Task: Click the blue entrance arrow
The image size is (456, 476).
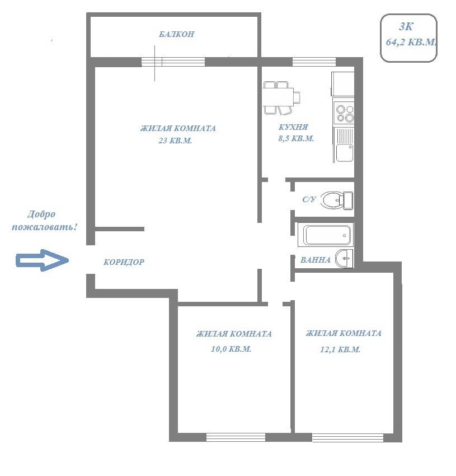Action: point(42,260)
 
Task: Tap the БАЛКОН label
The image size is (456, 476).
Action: point(177,34)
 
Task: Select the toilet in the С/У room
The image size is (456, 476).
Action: point(337,200)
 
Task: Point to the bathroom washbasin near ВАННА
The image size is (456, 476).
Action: point(344,259)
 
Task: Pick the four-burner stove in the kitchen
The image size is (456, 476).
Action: point(344,113)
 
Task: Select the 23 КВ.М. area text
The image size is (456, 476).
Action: point(175,141)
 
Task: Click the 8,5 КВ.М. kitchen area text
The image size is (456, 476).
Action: point(296,138)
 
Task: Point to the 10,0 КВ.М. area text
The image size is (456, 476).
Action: point(231,349)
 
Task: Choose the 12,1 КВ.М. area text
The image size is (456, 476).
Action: point(340,349)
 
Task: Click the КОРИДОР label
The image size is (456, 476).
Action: point(124,262)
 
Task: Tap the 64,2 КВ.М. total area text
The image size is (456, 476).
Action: point(411,42)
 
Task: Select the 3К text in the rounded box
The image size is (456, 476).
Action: point(406,27)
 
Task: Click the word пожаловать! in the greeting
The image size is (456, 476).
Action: point(44,227)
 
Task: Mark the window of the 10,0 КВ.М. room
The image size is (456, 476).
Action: point(236,437)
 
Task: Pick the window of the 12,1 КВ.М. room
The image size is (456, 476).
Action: point(348,437)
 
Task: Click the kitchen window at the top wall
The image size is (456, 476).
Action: point(314,62)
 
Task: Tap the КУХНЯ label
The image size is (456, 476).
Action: point(293,127)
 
